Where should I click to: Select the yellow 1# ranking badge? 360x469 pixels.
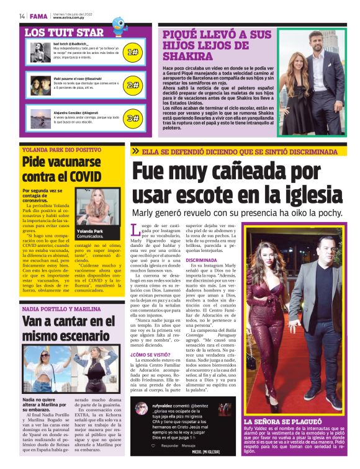132,53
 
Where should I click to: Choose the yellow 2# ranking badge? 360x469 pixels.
132,85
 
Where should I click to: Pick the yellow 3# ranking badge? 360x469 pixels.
132,117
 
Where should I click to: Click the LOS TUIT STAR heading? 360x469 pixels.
64,32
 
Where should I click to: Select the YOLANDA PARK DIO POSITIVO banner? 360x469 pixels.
61,150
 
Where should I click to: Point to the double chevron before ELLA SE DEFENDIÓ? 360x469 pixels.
135,151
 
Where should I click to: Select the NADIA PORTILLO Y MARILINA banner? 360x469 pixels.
61,308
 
